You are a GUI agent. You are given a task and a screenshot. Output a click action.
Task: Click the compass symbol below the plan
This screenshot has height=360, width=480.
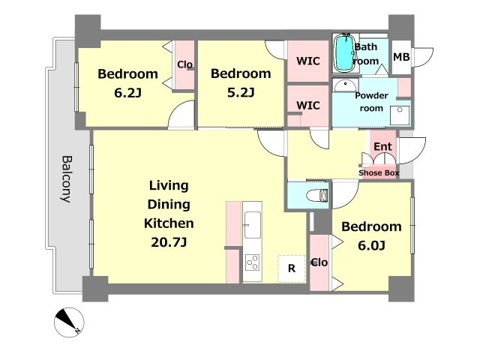69,322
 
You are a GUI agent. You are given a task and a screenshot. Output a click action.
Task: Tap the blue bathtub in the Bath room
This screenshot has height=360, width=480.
344,53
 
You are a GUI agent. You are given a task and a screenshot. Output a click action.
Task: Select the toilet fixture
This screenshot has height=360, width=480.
317,195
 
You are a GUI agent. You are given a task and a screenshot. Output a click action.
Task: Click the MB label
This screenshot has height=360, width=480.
401,57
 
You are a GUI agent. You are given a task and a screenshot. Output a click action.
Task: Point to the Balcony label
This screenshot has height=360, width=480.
66,179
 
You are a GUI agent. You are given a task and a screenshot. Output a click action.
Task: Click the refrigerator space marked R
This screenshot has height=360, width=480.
292,268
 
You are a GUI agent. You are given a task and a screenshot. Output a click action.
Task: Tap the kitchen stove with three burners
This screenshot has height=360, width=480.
253,262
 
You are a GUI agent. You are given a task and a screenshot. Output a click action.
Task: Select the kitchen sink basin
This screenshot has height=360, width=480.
253,225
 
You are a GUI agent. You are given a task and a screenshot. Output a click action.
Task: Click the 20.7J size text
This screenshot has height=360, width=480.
169,242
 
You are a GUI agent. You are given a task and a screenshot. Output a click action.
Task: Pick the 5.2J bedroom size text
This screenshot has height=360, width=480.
241,92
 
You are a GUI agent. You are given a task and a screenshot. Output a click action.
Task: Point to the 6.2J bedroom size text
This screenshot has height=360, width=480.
128,93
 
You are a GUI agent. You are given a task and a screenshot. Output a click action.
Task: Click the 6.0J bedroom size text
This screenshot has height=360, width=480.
371,245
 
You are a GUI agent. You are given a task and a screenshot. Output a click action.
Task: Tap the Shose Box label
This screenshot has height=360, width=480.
379,173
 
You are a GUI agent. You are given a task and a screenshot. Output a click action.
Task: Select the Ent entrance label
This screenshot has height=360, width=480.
382,147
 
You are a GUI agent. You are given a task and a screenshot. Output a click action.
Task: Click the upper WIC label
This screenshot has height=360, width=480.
308,61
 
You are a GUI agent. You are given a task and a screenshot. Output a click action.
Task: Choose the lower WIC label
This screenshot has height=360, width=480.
308,106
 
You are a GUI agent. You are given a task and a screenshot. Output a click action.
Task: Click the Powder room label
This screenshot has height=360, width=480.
371,102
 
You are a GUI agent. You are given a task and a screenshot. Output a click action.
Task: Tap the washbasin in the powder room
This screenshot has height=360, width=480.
345,85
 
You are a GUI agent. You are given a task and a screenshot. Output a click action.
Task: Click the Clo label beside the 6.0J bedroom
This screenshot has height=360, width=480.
319,262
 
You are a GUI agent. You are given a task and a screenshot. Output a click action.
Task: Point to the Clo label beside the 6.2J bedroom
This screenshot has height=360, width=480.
185,64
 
